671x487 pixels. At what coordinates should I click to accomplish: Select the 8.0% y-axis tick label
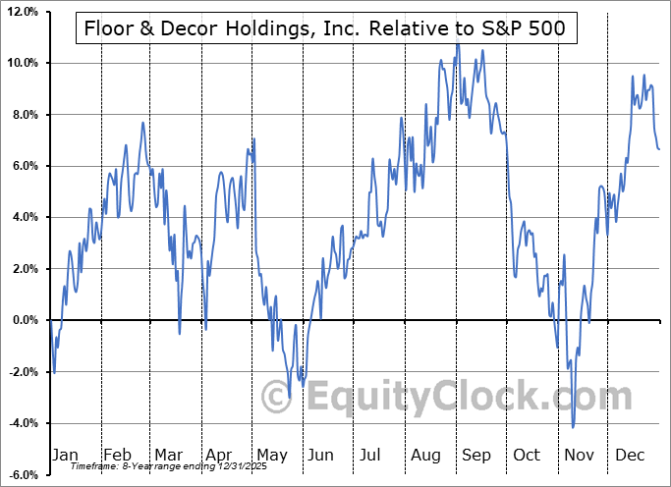(x=24, y=115)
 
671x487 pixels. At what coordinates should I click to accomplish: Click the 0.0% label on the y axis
(x=24, y=320)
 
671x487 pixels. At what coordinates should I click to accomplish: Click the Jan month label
(x=64, y=455)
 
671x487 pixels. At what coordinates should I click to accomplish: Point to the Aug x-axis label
(x=425, y=455)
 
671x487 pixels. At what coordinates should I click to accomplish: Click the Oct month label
(x=528, y=455)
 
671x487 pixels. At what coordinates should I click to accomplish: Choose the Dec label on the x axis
(x=631, y=455)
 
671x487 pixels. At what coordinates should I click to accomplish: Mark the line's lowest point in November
(x=573, y=427)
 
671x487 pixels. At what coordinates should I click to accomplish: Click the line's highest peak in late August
(x=457, y=43)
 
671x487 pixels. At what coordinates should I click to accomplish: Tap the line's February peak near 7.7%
(x=143, y=122)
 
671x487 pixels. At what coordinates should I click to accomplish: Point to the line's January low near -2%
(x=55, y=373)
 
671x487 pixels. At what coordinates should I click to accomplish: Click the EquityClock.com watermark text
(x=447, y=398)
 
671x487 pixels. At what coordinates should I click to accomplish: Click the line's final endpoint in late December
(x=659, y=149)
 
